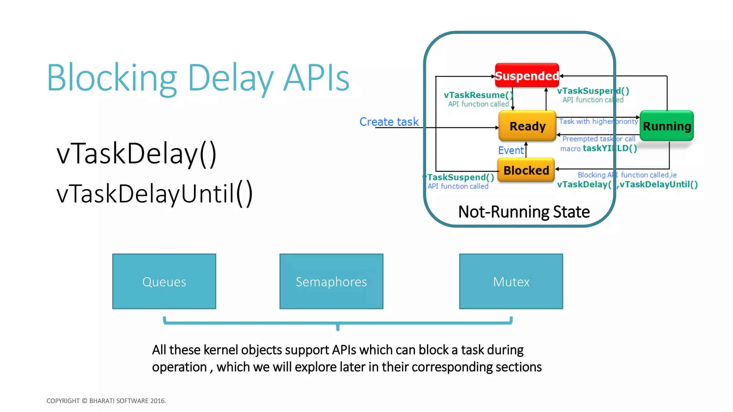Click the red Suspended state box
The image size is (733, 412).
526,75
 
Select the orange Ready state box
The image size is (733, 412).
527,126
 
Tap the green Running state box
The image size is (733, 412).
666,126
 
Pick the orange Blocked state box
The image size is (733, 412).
526,170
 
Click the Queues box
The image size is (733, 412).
164,281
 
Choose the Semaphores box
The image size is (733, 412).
331,281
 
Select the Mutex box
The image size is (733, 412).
511,281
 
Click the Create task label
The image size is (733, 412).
389,122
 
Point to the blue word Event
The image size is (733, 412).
510,150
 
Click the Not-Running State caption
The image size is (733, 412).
524,212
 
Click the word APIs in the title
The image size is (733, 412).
316,78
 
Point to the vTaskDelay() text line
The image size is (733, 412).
136,154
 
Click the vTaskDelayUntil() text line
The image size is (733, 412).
155,194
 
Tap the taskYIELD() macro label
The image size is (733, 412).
610,148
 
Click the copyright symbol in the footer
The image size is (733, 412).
84,401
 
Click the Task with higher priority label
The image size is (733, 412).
598,122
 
